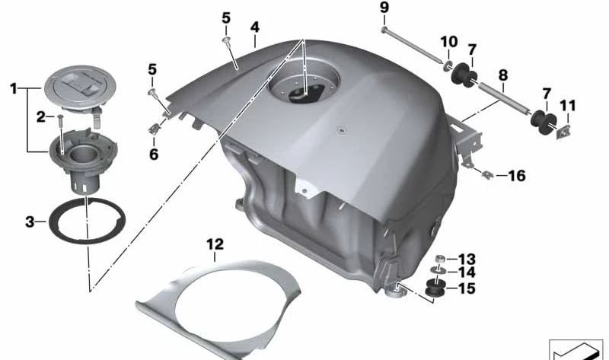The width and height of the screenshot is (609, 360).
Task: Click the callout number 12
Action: (x=215, y=244)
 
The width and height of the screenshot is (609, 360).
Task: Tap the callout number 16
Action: (x=517, y=176)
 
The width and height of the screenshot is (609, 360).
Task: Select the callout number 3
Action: (x=30, y=222)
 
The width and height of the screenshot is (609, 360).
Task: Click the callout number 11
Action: (x=568, y=106)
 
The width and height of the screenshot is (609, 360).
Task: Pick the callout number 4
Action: (x=255, y=27)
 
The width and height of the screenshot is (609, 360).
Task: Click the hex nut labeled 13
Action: (x=440, y=259)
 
